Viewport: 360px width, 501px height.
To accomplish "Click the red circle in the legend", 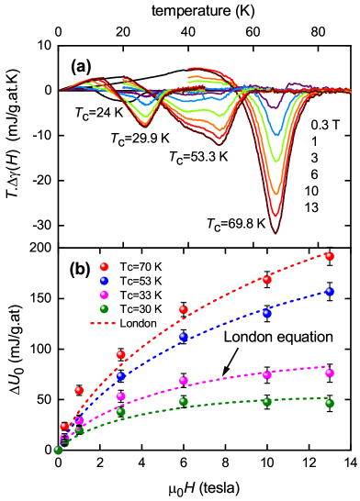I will pyautogui.click(x=104, y=267).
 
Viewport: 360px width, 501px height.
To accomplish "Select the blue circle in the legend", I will pyautogui.click(x=104, y=281).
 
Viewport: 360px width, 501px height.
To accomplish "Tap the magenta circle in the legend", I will pyautogui.click(x=104, y=295).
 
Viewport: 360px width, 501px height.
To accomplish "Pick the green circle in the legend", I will pyautogui.click(x=104, y=309).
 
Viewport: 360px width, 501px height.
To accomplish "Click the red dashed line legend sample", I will pyautogui.click(x=103, y=323).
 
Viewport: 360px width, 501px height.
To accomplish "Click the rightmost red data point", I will pyautogui.click(x=329, y=256).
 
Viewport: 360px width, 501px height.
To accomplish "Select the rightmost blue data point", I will pyautogui.click(x=329, y=292).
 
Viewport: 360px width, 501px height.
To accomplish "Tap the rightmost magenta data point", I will pyautogui.click(x=329, y=373).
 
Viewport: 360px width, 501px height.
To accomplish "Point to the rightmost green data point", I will pyautogui.click(x=329, y=403).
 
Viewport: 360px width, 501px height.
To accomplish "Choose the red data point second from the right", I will pyautogui.click(x=266, y=279).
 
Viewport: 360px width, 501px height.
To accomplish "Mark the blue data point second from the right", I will pyautogui.click(x=266, y=313).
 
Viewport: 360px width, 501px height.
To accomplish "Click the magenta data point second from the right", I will pyautogui.click(x=266, y=374).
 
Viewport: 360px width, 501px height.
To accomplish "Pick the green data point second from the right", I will pyautogui.click(x=266, y=401).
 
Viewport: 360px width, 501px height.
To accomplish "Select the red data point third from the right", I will pyautogui.click(x=184, y=309).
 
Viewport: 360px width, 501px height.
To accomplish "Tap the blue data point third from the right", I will pyautogui.click(x=184, y=337).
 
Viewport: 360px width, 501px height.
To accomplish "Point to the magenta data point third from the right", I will pyautogui.click(x=184, y=380).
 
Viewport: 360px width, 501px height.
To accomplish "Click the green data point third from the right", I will pyautogui.click(x=184, y=401).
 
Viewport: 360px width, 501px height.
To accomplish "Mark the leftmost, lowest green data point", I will pyautogui.click(x=58, y=450).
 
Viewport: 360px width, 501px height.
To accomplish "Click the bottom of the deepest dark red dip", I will pyautogui.click(x=276, y=233).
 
